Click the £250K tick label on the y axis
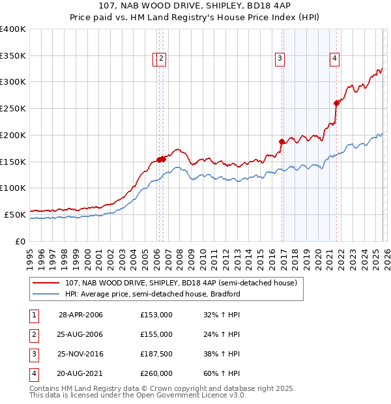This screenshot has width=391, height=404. coord(12,109)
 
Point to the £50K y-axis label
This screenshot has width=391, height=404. coord(14,214)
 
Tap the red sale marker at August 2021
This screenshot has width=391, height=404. coord(336,103)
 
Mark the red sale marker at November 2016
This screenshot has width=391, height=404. coord(282,141)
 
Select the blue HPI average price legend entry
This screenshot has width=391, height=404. coord(152,294)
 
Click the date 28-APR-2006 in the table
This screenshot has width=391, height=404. coord(80,315)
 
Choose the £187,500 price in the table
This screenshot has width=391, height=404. coord(156,354)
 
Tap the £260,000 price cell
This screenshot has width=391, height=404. coord(156,373)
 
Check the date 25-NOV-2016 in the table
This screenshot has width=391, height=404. coord(80,354)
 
